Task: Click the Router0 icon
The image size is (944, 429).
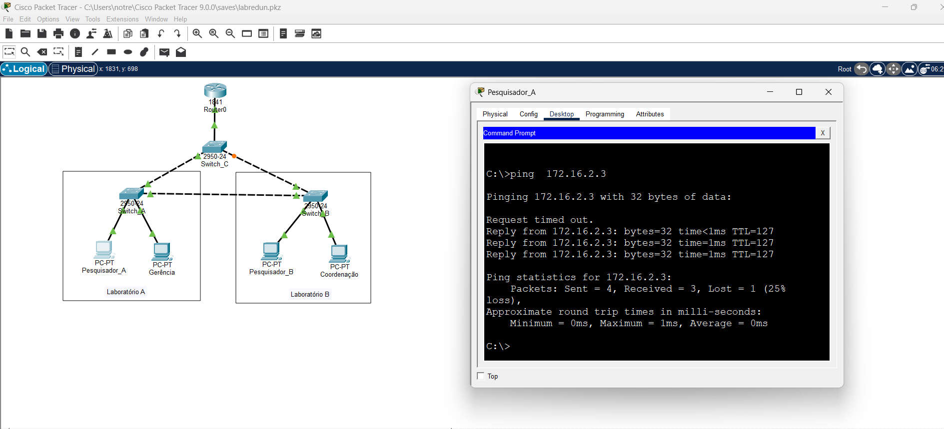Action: click(215, 90)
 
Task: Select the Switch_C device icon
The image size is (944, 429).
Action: click(215, 147)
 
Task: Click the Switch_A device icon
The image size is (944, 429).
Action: click(132, 194)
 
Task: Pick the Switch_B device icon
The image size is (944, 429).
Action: click(316, 196)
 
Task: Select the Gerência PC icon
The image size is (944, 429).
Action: click(162, 252)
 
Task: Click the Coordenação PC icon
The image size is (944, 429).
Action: click(339, 254)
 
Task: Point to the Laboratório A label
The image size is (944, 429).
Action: click(126, 292)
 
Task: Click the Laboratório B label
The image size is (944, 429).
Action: click(310, 294)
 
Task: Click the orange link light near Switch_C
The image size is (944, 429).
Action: click(234, 156)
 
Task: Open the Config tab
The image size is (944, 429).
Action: click(529, 114)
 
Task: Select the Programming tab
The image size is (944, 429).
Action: click(605, 114)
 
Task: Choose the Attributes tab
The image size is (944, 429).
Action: click(650, 114)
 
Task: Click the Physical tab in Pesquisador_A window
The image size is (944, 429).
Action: click(495, 114)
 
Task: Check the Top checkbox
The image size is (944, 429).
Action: click(481, 376)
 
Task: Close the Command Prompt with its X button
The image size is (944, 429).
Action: click(823, 133)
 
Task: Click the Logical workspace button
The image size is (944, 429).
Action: click(24, 69)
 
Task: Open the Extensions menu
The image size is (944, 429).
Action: click(122, 19)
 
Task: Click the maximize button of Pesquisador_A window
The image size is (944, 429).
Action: click(799, 92)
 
